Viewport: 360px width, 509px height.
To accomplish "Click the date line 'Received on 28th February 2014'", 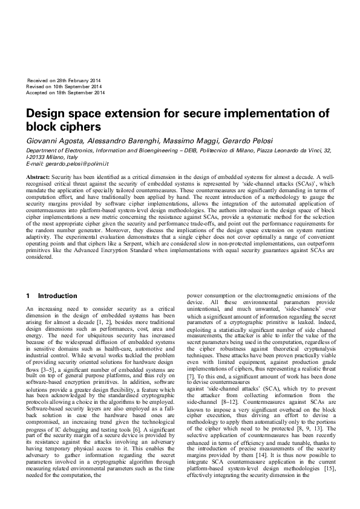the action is point(64,80).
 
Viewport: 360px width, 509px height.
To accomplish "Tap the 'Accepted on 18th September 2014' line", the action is point(66,93).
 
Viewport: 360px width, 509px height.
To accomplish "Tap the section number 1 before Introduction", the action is point(28,296).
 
